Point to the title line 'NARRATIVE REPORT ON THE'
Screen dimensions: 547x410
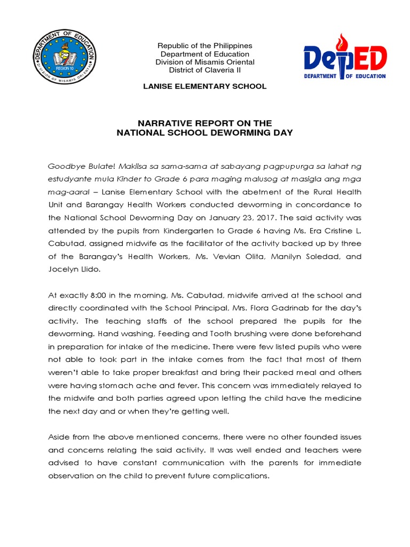click(x=205, y=123)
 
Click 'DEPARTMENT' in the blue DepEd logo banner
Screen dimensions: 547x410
click(x=327, y=76)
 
